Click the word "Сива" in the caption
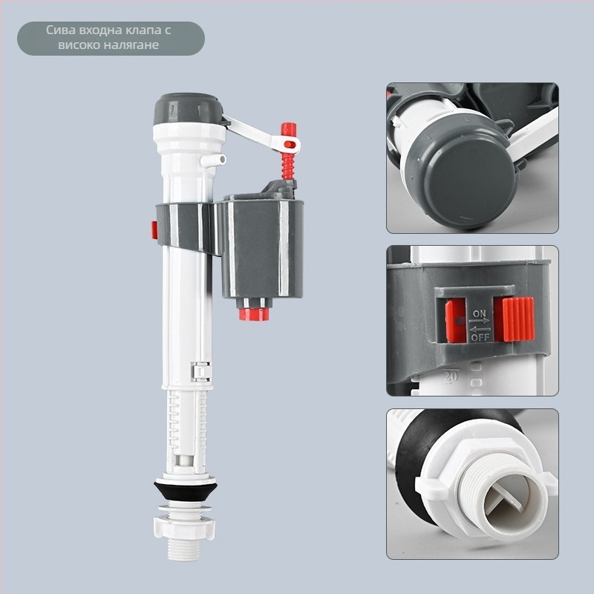click(60, 30)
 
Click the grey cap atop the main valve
click(189, 108)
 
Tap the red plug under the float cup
click(254, 314)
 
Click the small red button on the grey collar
click(154, 230)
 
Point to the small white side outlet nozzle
click(213, 160)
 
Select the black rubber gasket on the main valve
click(185, 490)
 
